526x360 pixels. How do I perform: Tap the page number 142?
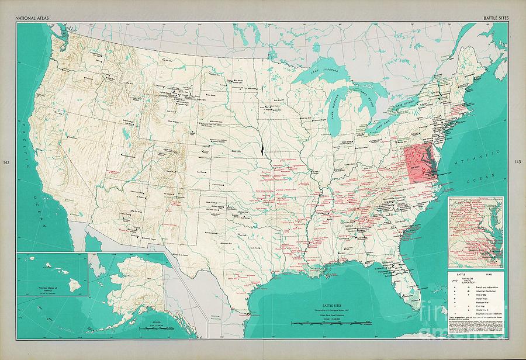[6, 162]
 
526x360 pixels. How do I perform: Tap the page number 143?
[518, 162]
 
